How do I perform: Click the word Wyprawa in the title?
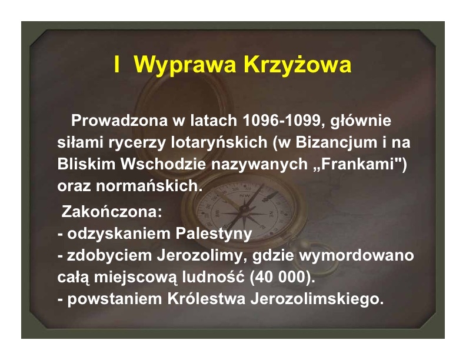tap(185, 65)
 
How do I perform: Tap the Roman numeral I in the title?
tap(117, 64)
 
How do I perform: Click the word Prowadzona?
tap(119, 121)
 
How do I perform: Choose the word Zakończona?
tap(112, 212)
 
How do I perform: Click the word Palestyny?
tap(214, 234)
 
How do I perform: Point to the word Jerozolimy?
tap(202, 255)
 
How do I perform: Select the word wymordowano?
tap(357, 255)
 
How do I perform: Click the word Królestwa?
tap(207, 298)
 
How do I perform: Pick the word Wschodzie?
tap(163, 164)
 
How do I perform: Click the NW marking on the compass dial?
tap(245, 195)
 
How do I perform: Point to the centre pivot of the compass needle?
tap(244, 209)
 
